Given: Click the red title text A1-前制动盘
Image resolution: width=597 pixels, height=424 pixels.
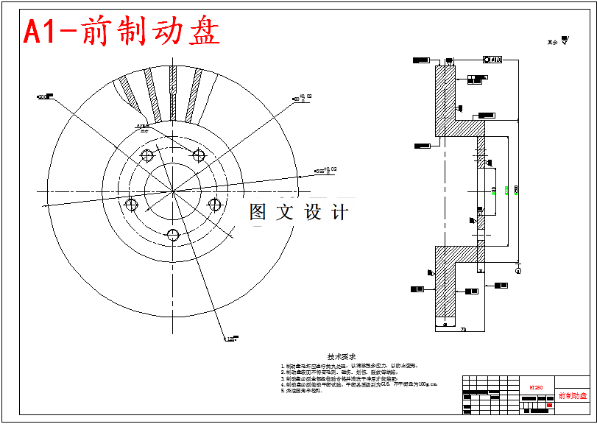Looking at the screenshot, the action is (x=122, y=32).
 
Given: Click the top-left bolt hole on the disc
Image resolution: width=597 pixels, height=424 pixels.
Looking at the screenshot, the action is (x=146, y=155).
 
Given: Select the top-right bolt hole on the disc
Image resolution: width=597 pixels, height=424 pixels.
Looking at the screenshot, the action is (x=197, y=155).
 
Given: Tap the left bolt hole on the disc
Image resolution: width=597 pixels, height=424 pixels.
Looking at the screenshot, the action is (x=132, y=204).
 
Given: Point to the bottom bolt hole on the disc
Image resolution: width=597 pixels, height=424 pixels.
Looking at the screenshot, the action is (x=173, y=235).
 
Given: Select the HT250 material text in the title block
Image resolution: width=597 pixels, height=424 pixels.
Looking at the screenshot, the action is (x=536, y=386).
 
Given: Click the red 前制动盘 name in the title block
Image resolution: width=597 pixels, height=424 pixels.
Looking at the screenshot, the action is (x=573, y=396).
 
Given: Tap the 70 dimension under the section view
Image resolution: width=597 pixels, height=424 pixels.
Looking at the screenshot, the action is (x=463, y=329).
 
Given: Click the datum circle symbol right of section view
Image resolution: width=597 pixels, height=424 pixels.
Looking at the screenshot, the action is (x=518, y=270).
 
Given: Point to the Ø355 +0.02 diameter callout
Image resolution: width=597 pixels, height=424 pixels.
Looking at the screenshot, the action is (x=325, y=170).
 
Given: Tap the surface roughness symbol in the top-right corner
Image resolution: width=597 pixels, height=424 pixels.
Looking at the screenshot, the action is (x=565, y=41).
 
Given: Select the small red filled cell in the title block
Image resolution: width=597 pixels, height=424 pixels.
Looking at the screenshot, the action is (x=549, y=404).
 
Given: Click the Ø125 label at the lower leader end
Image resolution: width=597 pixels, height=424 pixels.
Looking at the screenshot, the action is (x=229, y=339).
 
